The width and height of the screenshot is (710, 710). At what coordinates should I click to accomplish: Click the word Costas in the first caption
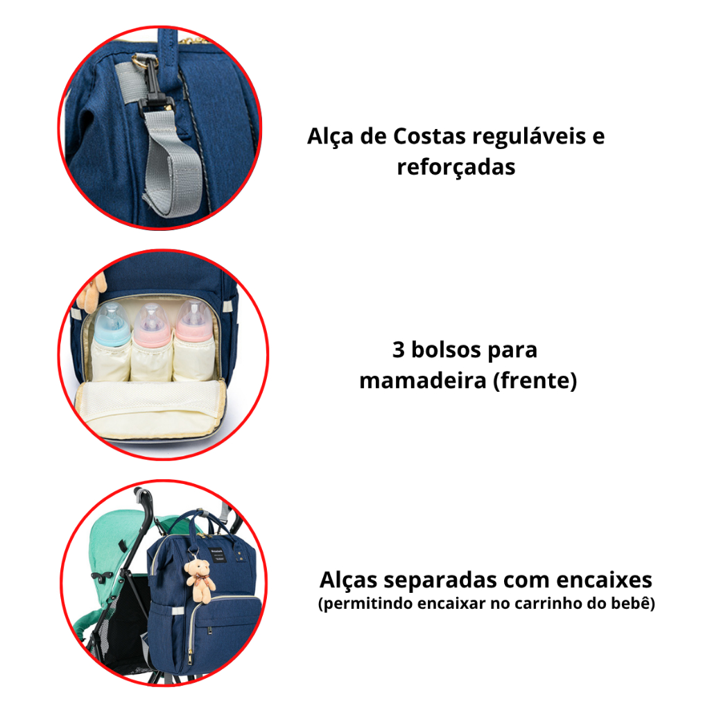423,136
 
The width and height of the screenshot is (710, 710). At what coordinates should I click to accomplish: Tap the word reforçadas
456,166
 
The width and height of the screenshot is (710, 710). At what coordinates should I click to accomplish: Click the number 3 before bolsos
398,349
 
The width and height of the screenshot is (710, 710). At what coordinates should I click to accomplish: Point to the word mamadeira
423,381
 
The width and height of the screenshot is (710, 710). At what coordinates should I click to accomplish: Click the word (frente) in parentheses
535,381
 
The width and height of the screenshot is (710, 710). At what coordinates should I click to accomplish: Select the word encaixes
605,580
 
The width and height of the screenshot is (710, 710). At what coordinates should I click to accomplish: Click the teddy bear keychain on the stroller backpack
200,580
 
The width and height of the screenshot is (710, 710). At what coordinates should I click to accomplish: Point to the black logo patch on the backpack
218,555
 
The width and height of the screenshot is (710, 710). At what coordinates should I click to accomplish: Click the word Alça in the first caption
330,137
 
